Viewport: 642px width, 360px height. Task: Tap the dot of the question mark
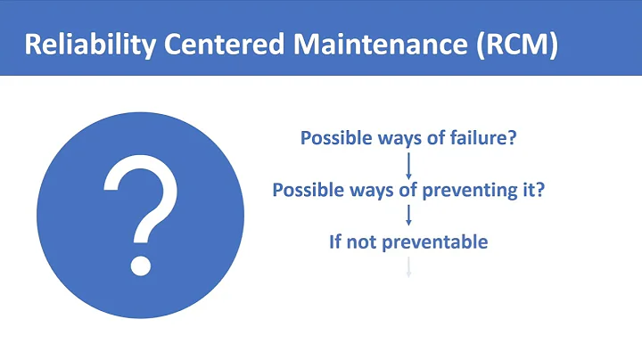140,265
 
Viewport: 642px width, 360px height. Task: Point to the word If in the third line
335,241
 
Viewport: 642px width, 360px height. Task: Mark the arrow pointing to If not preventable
408,215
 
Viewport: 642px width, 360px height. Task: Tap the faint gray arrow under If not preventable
408,266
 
